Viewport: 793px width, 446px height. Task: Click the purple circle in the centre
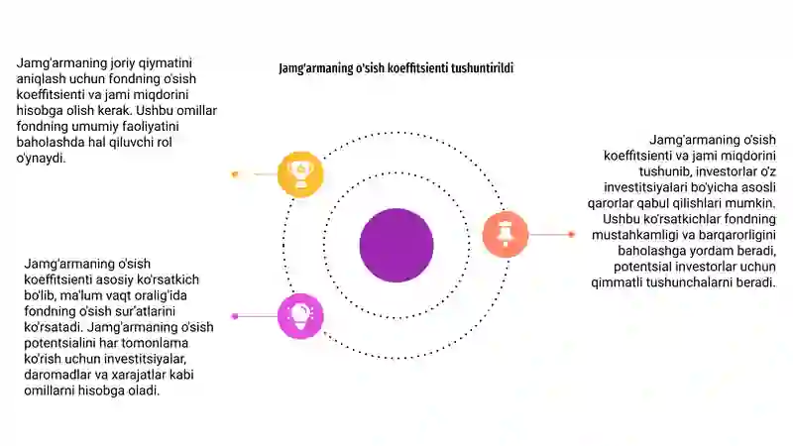396,245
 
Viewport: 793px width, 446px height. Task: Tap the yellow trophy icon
300,174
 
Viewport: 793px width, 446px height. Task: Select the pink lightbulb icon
300,316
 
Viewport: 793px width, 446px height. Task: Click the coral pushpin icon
506,235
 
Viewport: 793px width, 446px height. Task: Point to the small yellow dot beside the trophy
235,174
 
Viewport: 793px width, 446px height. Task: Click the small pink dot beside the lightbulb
235,316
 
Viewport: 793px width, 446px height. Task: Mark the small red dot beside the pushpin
571,234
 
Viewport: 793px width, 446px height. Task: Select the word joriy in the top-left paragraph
109,63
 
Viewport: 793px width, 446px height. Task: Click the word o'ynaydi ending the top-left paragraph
41,159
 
